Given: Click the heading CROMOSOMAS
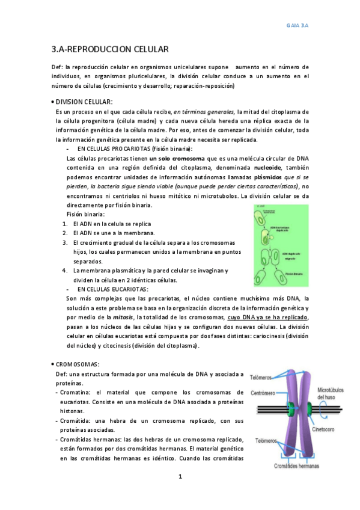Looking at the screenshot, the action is point(78,364).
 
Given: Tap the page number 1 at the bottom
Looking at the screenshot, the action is point(180,477).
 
